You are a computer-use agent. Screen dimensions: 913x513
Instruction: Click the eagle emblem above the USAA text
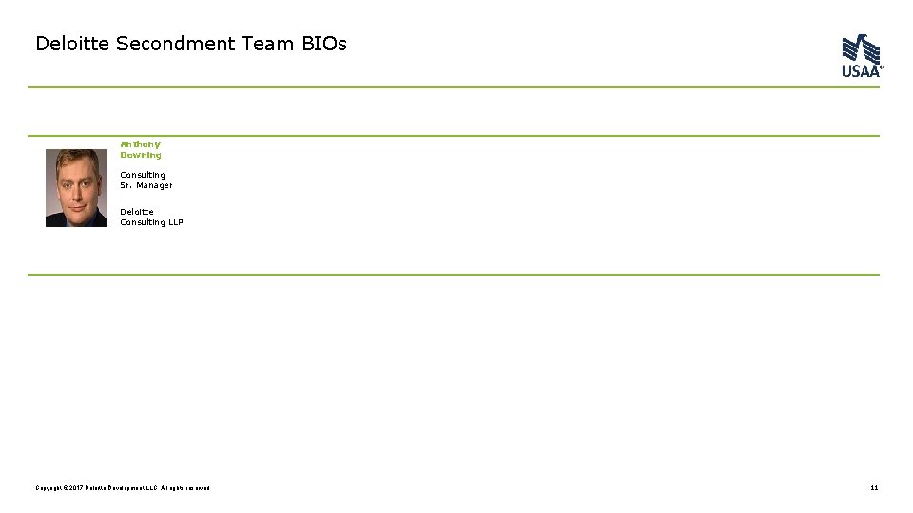[861, 48]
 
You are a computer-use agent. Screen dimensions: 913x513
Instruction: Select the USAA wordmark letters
[861, 71]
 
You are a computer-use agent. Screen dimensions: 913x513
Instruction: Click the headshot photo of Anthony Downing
[76, 188]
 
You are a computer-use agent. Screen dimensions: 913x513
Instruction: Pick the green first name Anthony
[140, 144]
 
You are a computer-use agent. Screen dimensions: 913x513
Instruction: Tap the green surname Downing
[141, 155]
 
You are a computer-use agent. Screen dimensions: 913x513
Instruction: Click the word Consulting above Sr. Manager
[143, 175]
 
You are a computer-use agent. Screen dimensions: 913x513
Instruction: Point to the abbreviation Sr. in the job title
[126, 185]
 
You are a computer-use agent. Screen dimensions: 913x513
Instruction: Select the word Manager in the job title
[154, 185]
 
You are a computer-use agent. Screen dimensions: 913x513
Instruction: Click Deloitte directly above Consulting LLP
[137, 212]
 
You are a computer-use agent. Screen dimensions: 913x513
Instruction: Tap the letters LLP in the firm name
[175, 222]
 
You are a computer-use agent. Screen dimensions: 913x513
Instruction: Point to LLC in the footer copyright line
[152, 488]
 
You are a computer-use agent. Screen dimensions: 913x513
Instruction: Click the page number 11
[874, 488]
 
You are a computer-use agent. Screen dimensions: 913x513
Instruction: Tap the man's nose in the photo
[76, 190]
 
